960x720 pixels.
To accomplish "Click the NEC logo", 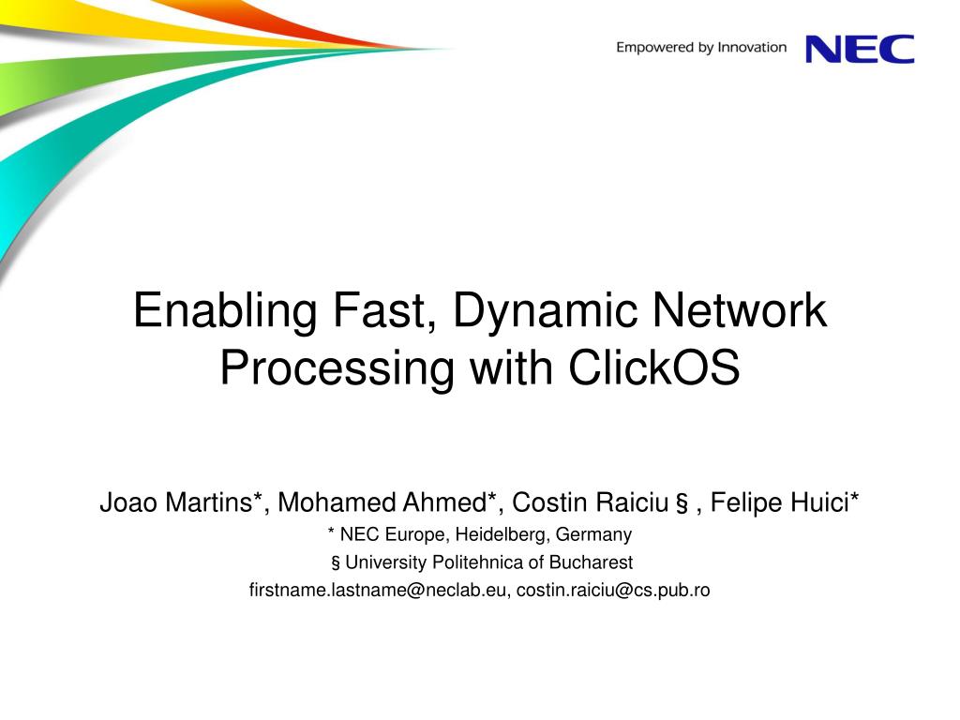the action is [x=860, y=49].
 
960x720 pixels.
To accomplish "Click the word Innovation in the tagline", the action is [x=752, y=47].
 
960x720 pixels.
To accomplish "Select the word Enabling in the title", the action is [x=225, y=311].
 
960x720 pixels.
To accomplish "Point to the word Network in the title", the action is [x=740, y=309].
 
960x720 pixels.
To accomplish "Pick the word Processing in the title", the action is [x=337, y=368].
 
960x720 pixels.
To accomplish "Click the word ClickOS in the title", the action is [x=653, y=367].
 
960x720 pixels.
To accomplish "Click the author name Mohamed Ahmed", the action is [x=382, y=502].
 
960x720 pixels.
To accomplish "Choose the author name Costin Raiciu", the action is [x=590, y=502].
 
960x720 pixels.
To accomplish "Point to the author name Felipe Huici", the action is [x=779, y=502].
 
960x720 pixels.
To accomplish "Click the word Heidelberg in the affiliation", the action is [x=502, y=534].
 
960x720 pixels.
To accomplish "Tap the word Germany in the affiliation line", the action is [x=593, y=535].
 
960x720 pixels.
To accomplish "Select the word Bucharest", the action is [x=591, y=562].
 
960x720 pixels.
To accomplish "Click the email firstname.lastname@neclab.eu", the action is [x=377, y=591].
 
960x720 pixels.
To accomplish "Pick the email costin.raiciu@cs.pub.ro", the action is [x=613, y=591].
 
